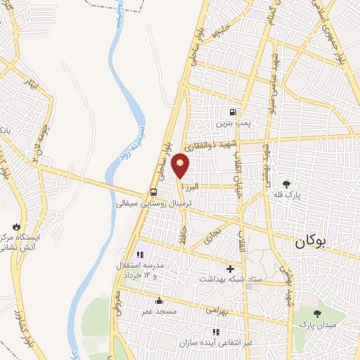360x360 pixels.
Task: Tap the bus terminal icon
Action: (153, 192)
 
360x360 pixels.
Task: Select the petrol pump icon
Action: (232, 112)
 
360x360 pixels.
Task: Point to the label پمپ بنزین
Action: (233, 122)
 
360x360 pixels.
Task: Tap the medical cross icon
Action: (230, 269)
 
